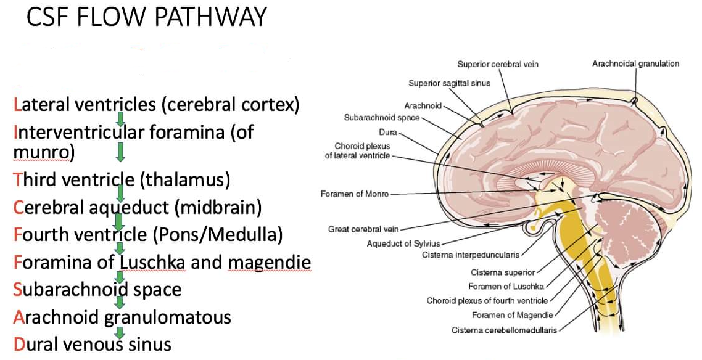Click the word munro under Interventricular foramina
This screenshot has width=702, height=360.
pyautogui.click(x=41, y=152)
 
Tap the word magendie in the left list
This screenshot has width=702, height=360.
pyautogui.click(x=269, y=263)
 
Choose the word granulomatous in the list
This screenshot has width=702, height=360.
pyautogui.click(x=167, y=317)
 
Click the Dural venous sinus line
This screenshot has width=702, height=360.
pyautogui.click(x=93, y=344)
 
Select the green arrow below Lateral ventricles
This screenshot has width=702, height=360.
pyautogui.click(x=121, y=118)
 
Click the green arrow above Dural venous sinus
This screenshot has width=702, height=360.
pyautogui.click(x=121, y=331)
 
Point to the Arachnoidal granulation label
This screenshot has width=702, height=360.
pyautogui.click(x=635, y=63)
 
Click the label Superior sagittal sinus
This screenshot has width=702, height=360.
pyautogui.click(x=449, y=83)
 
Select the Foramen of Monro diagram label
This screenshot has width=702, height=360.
pyautogui.click(x=355, y=194)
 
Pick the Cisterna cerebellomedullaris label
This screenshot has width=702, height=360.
pyautogui.click(x=503, y=330)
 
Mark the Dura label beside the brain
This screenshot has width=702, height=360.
pyautogui.click(x=389, y=132)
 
